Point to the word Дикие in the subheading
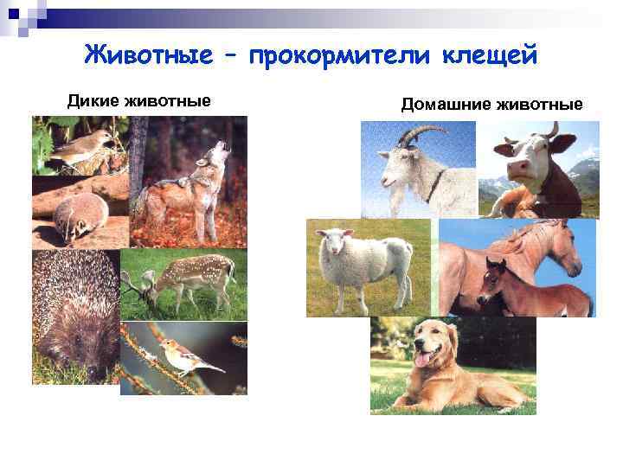point(94,101)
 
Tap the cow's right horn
point(552,131)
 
